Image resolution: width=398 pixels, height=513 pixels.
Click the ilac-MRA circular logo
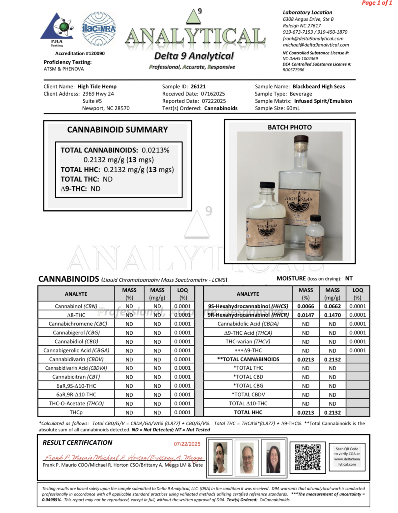(99, 29)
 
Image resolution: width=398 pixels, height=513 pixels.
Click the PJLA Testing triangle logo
(57, 28)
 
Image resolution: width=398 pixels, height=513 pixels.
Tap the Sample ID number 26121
(198, 87)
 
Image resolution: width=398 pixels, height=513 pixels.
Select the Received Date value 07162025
(213, 94)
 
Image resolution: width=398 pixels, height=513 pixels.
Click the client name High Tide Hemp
(97, 87)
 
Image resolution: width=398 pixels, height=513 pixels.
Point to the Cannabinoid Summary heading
(118, 130)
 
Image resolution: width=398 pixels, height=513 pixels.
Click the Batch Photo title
(289, 127)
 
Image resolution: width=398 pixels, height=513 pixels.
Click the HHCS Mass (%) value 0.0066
(305, 306)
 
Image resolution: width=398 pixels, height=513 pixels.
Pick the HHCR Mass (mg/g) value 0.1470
(332, 315)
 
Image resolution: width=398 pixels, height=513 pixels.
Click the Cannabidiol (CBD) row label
(76, 342)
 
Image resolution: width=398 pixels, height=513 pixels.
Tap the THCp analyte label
(76, 413)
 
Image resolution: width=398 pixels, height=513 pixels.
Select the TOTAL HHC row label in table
(248, 413)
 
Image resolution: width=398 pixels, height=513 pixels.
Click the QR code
(307, 457)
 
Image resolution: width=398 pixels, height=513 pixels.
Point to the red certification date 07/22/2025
(187, 444)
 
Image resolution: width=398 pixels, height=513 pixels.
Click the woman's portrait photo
(273, 457)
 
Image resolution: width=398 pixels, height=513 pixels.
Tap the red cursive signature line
(124, 458)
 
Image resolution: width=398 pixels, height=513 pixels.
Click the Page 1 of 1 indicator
(377, 3)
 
